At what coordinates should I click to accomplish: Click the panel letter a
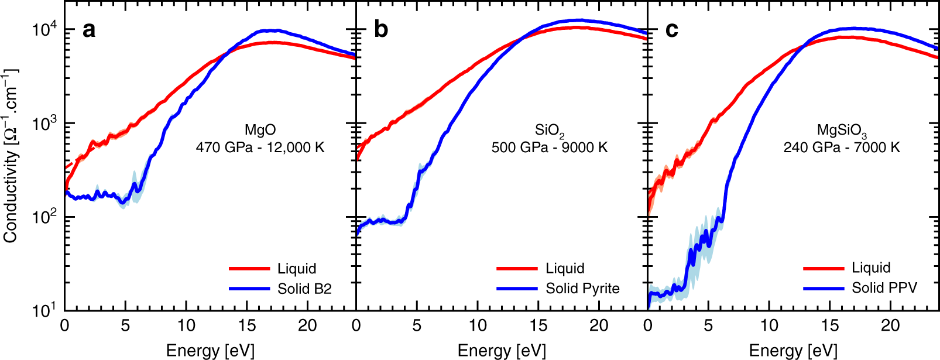89,29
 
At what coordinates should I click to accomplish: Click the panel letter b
380,29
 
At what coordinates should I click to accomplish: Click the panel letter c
672,29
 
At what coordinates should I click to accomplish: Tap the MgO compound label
260,130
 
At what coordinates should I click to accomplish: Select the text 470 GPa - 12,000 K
260,147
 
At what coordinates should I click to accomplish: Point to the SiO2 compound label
549,131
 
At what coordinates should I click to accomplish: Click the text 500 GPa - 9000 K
549,147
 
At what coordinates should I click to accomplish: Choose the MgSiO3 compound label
842,131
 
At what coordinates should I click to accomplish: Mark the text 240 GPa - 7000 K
842,147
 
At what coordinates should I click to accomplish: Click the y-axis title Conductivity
10,155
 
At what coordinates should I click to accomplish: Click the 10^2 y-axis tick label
44,216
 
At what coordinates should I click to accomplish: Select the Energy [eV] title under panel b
502,350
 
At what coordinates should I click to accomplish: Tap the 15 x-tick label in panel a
247,325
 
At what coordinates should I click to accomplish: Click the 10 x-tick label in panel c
769,325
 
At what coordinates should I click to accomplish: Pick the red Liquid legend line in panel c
824,268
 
